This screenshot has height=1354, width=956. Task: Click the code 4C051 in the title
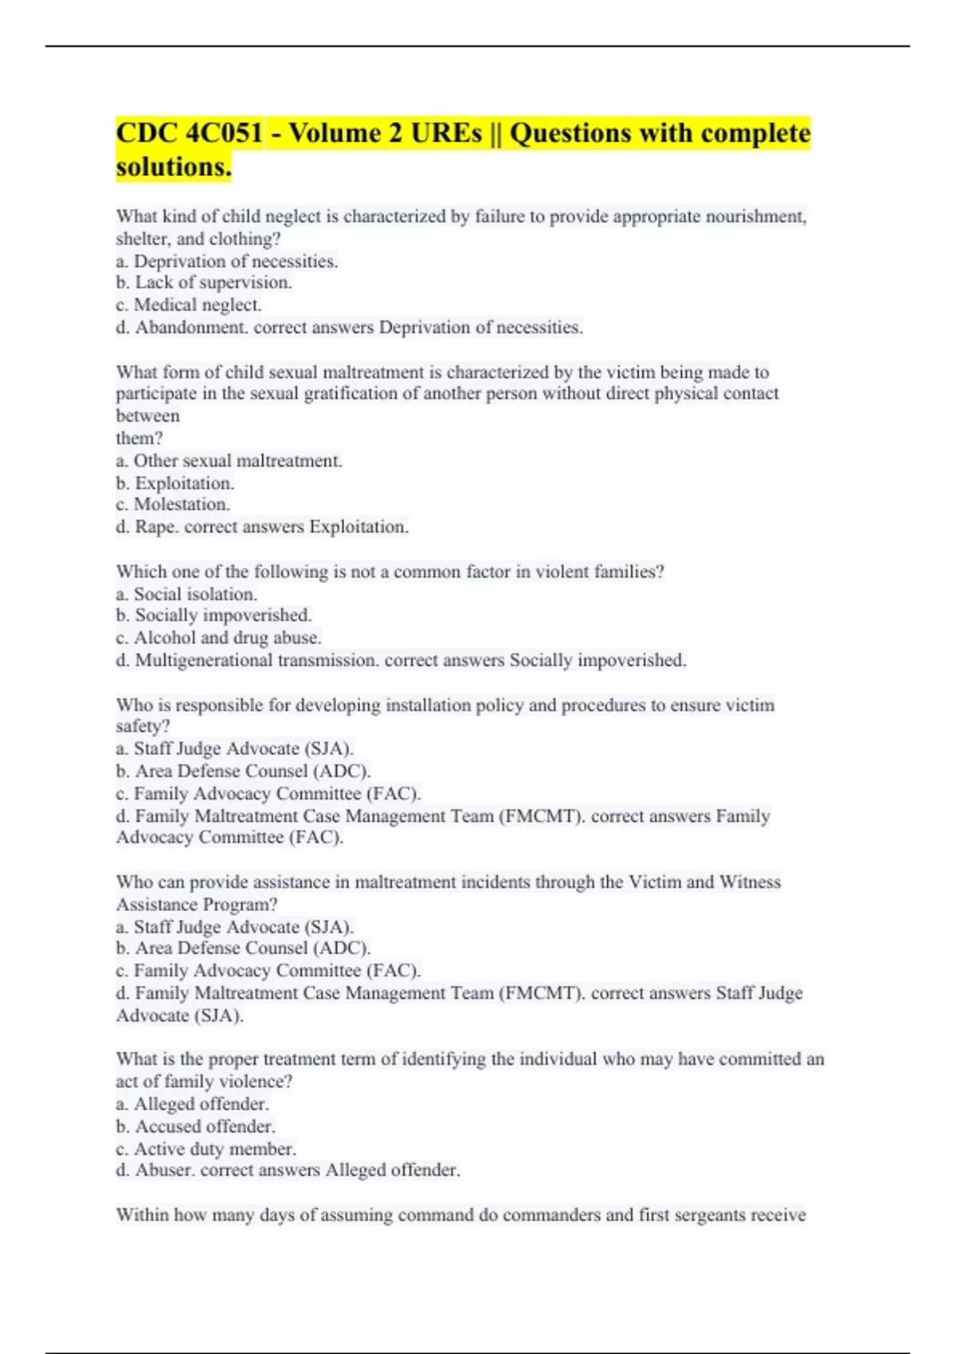coord(223,133)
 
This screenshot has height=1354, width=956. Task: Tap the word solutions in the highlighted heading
coord(172,167)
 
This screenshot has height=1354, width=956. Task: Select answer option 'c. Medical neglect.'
coord(189,305)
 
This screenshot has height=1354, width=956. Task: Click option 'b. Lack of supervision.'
coord(204,283)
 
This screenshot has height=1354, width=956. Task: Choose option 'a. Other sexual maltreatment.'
coord(229,461)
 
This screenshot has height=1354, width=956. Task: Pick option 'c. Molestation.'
coord(173,505)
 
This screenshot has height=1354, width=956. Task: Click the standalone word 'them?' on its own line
coord(139,438)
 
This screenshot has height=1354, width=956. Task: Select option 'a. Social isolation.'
coord(186,594)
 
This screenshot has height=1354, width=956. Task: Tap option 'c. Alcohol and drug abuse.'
coord(219,638)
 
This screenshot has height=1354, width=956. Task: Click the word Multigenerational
coord(204,660)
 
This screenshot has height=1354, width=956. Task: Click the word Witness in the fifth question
coord(750,882)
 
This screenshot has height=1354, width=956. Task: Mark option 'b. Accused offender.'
coord(196,1127)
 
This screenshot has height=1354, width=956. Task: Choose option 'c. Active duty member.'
coord(206,1149)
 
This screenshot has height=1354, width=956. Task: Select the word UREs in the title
coord(446,133)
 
